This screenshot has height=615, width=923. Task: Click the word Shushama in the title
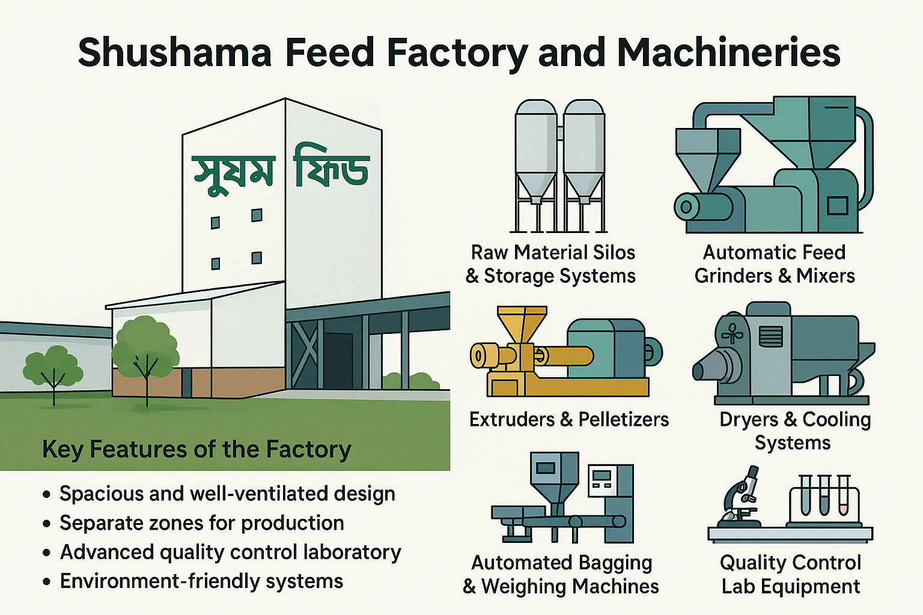(x=175, y=53)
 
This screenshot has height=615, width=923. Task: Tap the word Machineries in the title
(x=728, y=53)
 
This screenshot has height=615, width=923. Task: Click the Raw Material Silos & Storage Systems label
(x=552, y=264)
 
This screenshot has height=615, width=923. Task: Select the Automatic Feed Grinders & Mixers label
(x=775, y=264)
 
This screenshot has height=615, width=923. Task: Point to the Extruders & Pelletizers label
(x=568, y=419)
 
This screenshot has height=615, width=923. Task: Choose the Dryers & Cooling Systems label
(x=794, y=431)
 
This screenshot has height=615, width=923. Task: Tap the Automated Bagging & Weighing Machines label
(x=561, y=574)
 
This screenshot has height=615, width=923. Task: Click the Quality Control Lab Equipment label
(x=791, y=574)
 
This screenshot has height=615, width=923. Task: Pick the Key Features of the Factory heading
(x=196, y=449)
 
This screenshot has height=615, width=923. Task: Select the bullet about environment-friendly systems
(x=201, y=581)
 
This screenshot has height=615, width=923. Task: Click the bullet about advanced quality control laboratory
(x=230, y=552)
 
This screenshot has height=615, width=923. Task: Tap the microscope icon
(x=740, y=496)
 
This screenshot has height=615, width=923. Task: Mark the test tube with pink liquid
(x=844, y=496)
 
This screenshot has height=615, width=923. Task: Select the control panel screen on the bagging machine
(x=602, y=477)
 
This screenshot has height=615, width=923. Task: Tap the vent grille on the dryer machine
(x=770, y=336)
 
